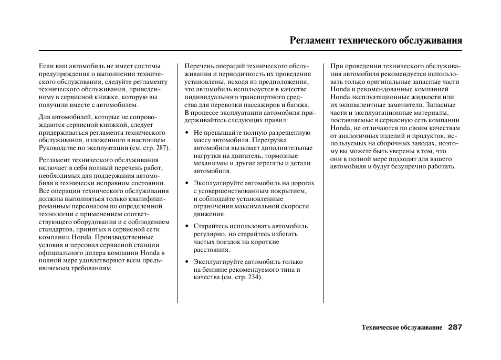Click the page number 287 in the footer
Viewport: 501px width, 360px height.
pos(455,327)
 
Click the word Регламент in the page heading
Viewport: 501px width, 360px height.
pos(312,40)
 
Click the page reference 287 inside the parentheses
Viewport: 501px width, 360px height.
pos(161,148)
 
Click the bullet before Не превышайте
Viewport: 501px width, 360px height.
pos(187,133)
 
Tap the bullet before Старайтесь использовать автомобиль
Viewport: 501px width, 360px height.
pos(187,226)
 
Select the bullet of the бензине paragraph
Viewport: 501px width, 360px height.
pos(187,262)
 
